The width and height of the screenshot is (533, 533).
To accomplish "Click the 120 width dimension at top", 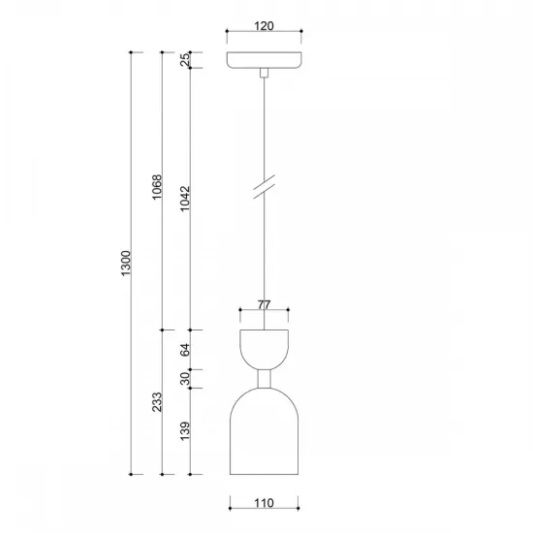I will [264, 27].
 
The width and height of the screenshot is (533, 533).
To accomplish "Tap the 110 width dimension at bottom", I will [264, 502].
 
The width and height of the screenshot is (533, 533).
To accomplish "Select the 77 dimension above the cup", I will [264, 304].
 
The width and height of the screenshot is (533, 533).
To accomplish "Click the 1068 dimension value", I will [156, 189].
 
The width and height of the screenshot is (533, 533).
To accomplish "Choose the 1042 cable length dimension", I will [185, 200].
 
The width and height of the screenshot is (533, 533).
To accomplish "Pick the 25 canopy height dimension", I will [185, 61].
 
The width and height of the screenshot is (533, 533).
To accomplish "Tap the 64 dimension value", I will [185, 350].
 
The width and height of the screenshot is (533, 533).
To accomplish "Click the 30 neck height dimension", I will [185, 379].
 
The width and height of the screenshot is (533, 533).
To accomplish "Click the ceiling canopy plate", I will [264, 60].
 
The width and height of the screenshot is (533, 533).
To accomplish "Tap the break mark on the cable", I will [264, 185].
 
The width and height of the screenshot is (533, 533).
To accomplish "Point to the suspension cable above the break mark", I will [264, 126].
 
